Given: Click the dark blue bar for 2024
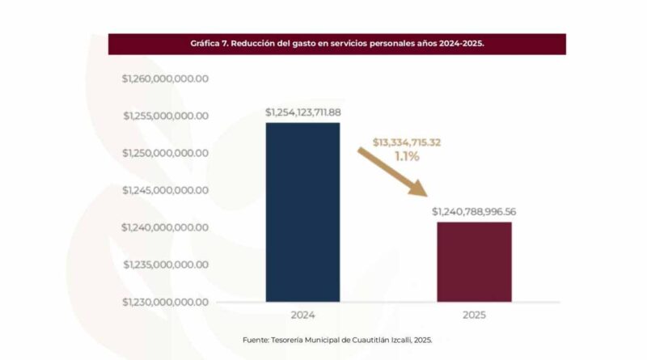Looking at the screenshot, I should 302,212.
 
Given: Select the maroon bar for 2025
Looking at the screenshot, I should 474,261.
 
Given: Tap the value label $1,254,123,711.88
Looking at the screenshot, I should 303,112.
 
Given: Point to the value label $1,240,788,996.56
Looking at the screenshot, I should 474,212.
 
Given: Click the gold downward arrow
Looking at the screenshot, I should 394,172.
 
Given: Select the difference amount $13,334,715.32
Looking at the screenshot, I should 407,142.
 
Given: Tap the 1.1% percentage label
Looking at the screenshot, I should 407,156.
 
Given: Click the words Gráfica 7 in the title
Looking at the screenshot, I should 208,44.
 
